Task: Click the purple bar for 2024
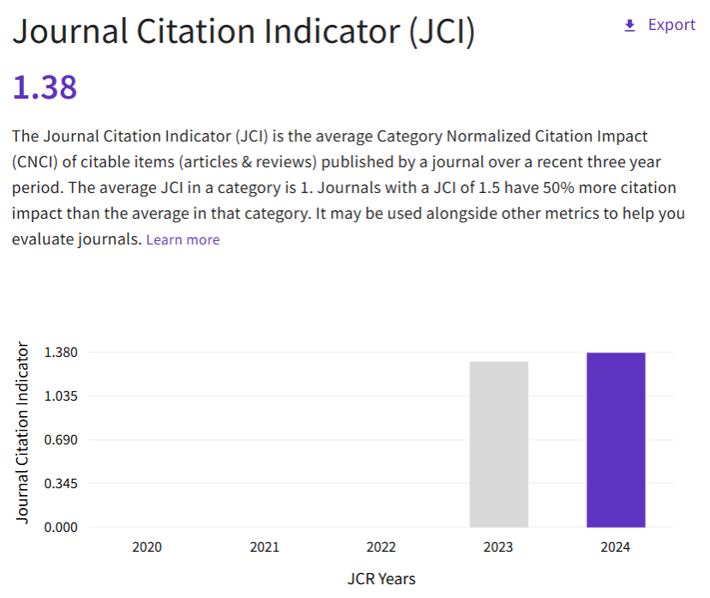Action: click(616, 439)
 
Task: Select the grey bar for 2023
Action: click(499, 444)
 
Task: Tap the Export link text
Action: click(671, 25)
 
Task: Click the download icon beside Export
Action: click(630, 26)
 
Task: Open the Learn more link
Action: click(183, 240)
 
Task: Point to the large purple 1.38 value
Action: click(45, 87)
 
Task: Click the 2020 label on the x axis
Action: click(147, 547)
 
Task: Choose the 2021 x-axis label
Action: click(264, 547)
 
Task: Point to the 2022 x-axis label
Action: click(381, 547)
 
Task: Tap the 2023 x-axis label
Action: click(498, 547)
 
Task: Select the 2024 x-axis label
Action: click(616, 547)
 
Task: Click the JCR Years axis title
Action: click(381, 579)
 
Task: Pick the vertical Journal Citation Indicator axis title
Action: click(23, 433)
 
